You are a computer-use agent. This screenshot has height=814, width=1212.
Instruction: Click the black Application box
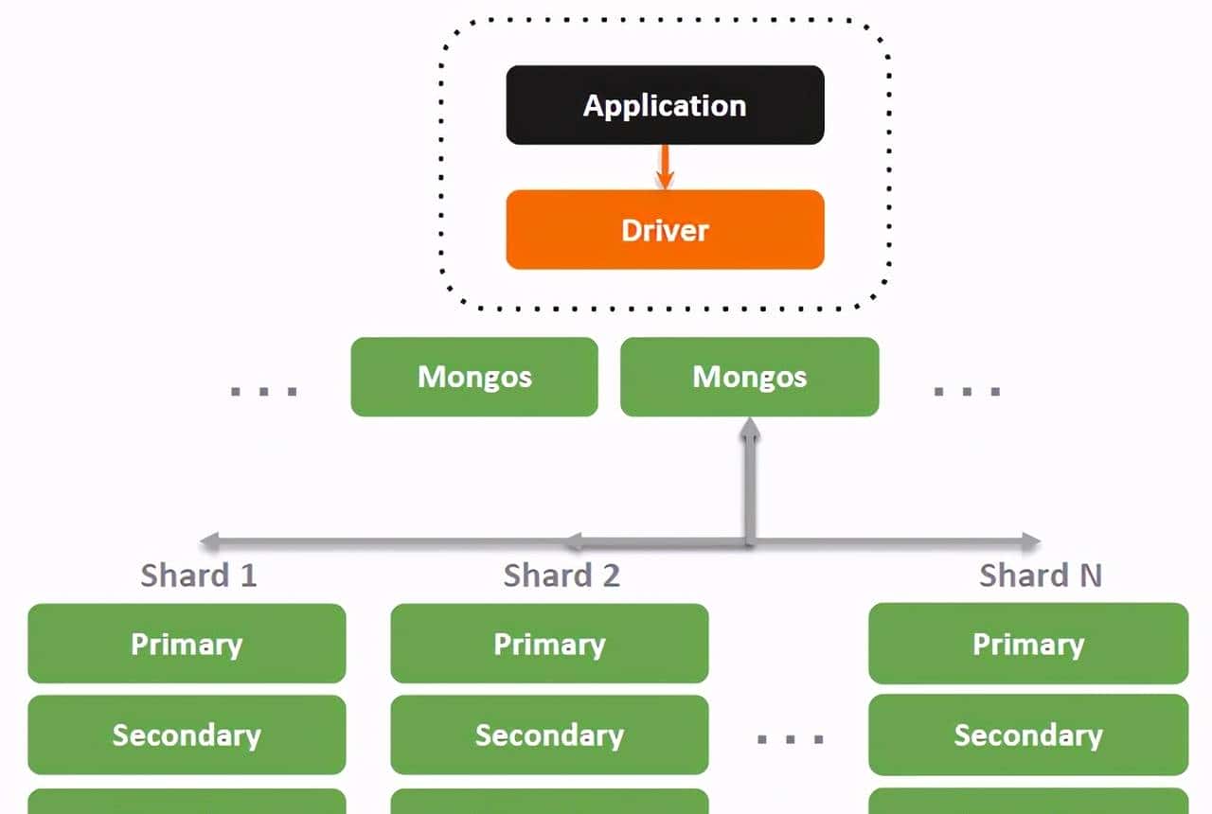coord(665,105)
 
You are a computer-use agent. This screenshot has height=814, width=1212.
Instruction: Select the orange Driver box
coord(665,230)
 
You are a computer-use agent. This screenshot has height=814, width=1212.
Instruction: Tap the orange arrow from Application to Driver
coord(665,168)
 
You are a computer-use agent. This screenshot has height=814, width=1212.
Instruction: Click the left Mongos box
coord(474,377)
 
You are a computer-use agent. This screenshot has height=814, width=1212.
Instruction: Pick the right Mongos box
coord(749,377)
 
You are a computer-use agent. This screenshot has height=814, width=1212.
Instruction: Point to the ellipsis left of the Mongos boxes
coord(264,391)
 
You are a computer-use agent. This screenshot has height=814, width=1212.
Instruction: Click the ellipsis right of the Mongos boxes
coord(967,391)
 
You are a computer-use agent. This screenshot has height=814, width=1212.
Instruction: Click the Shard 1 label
coord(198,575)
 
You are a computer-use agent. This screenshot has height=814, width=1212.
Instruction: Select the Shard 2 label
coord(561,575)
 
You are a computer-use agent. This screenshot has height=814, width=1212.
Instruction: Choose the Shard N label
coord(1040,575)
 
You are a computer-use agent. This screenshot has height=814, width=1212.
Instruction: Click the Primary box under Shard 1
coord(187,644)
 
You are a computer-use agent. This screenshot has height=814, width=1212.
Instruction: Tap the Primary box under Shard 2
coord(549,644)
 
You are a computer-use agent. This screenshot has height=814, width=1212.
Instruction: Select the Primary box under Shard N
coord(1027,644)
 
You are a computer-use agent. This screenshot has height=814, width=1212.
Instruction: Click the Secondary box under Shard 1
coord(187,735)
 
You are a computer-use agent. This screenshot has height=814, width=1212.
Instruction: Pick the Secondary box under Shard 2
coord(549,735)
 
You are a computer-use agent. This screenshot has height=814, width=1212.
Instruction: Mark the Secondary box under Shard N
coord(1027,735)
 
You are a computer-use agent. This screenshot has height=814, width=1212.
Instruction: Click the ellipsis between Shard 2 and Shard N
coord(790,739)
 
